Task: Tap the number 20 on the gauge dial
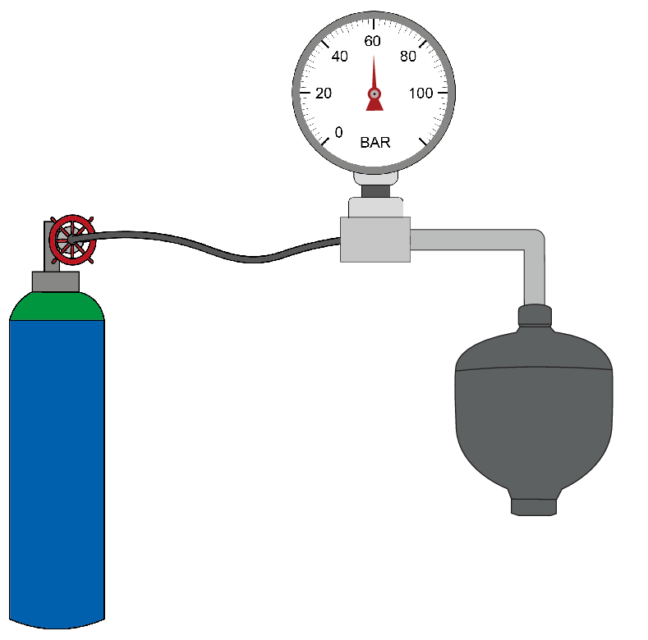(x=323, y=94)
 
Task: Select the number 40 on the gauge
(x=340, y=57)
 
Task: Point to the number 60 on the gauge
(x=373, y=41)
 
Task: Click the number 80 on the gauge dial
(x=407, y=57)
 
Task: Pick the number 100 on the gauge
(x=421, y=94)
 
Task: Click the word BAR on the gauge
(x=375, y=142)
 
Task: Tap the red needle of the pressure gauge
(x=375, y=78)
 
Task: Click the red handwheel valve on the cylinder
(x=70, y=239)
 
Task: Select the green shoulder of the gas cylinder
(x=56, y=307)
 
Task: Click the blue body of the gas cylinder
(x=56, y=468)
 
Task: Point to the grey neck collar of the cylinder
(x=56, y=281)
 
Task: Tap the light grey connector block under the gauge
(x=375, y=239)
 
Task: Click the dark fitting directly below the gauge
(x=376, y=190)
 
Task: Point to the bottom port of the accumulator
(x=534, y=505)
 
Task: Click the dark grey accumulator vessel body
(x=534, y=418)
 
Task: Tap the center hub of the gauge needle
(x=375, y=94)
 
